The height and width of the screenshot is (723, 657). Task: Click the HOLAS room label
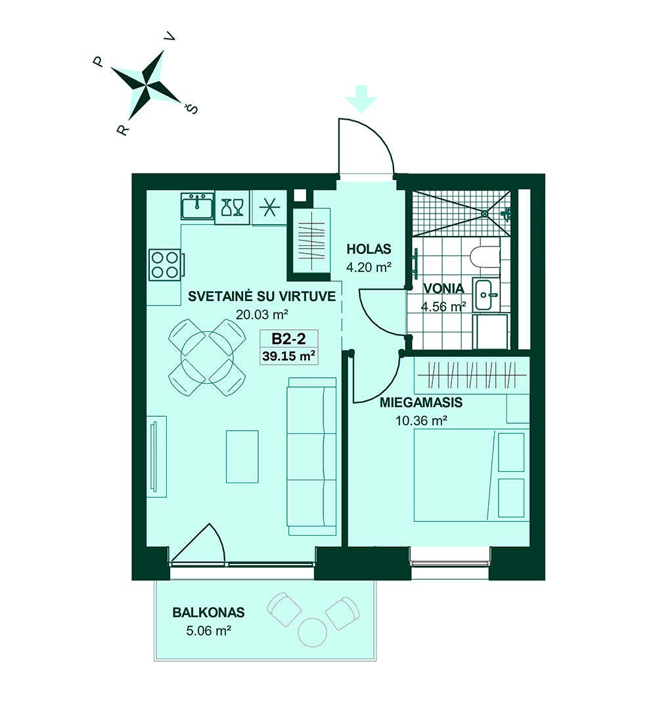coord(369,249)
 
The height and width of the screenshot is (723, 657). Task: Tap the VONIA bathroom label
coord(443,289)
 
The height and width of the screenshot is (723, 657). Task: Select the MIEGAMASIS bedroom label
coord(421,402)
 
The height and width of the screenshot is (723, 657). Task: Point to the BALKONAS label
coord(208,613)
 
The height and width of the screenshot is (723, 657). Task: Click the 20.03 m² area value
coord(262,314)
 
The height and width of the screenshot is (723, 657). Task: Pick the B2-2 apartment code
coord(288,339)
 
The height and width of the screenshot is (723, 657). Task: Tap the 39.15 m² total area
coord(288,356)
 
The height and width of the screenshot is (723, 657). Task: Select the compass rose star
coord(146,84)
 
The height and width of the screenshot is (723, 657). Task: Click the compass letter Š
coord(191,109)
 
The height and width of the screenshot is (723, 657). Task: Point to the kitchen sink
coord(197,206)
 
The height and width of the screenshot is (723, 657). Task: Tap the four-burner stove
coord(165,264)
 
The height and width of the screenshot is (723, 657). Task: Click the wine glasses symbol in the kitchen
coord(233,207)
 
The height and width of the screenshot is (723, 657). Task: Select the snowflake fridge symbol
coord(269,208)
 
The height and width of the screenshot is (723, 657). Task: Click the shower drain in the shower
coord(485,214)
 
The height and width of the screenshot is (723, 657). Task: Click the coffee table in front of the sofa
coord(242,457)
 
